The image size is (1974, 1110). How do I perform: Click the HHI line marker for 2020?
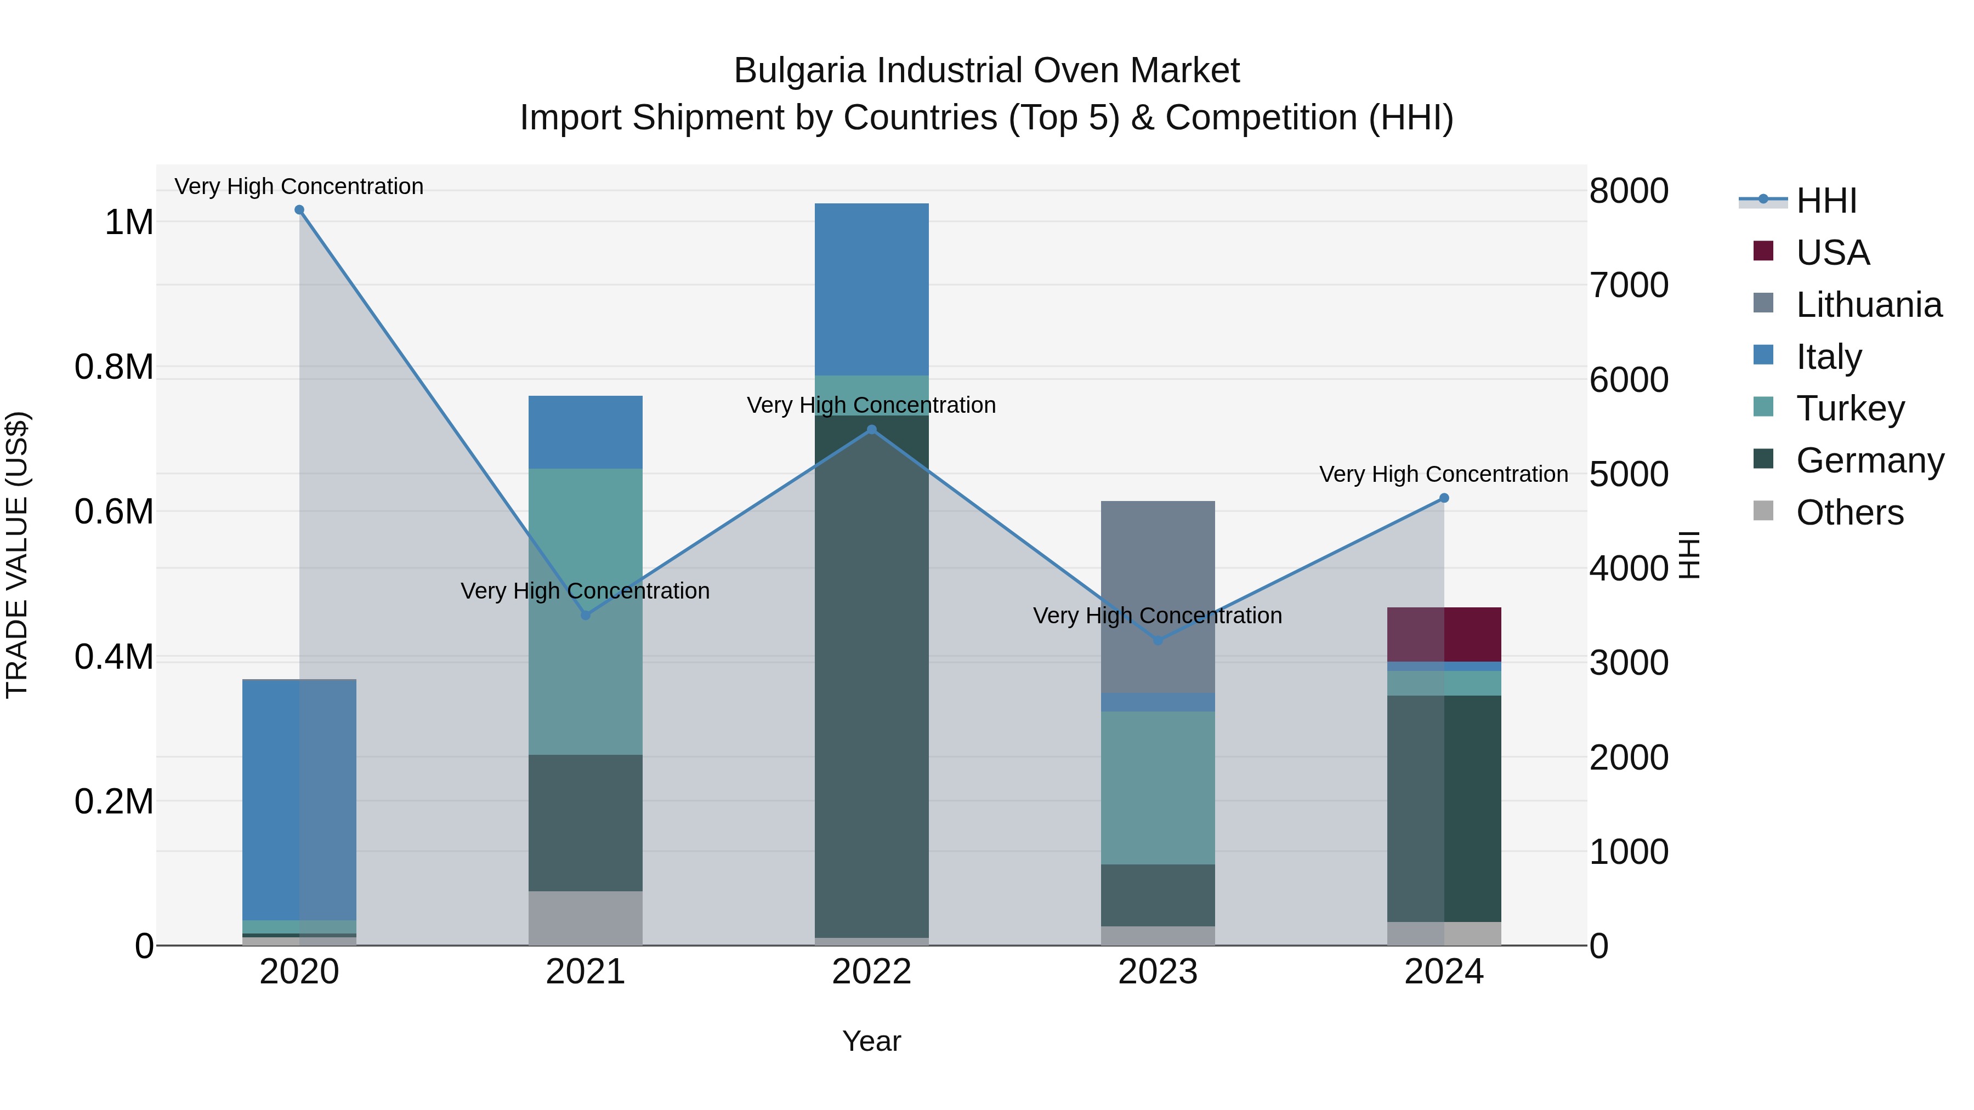pyautogui.click(x=299, y=210)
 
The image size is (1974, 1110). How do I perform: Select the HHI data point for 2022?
pyautogui.click(x=871, y=430)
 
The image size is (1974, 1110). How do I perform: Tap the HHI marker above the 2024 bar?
pyautogui.click(x=1444, y=498)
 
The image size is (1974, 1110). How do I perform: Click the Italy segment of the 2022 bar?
pyautogui.click(x=871, y=289)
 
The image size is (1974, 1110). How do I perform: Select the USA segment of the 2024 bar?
pyautogui.click(x=1444, y=634)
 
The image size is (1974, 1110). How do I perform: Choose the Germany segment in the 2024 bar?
pyautogui.click(x=1444, y=808)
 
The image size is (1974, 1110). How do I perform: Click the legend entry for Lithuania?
pyautogui.click(x=1868, y=305)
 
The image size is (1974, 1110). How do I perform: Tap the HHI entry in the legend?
pyautogui.click(x=1826, y=201)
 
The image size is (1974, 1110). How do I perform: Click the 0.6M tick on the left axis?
pyautogui.click(x=114, y=512)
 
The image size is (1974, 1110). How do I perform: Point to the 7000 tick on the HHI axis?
pyautogui.click(x=1629, y=285)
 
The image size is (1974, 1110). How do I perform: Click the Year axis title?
pyautogui.click(x=871, y=1041)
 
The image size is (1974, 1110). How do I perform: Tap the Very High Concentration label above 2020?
pyautogui.click(x=299, y=186)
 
